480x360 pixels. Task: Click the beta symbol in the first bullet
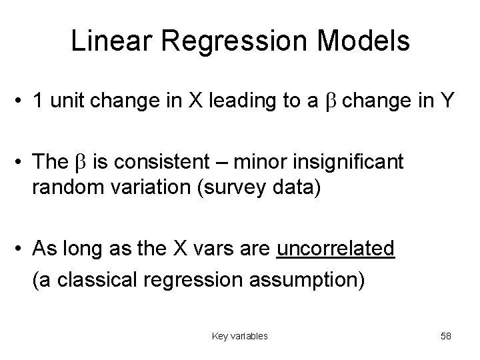(x=334, y=102)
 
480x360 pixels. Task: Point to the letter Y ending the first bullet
(x=447, y=101)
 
